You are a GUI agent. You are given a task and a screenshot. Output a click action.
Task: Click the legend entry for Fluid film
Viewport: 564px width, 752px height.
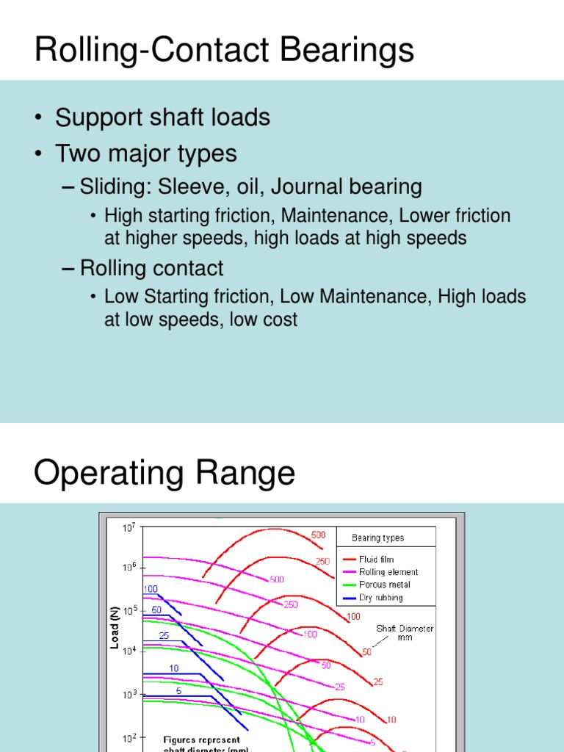(x=376, y=560)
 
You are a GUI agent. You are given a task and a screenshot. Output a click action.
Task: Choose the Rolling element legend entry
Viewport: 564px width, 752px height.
(x=388, y=572)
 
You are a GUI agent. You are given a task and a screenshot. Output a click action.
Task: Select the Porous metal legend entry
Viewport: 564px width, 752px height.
(x=385, y=585)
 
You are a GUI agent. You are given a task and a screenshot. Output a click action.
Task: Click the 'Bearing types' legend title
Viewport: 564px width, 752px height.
(x=377, y=538)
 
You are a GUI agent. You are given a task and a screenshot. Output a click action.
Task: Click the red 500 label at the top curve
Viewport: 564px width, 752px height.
(x=318, y=535)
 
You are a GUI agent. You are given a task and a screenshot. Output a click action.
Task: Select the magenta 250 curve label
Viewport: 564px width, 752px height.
(x=291, y=604)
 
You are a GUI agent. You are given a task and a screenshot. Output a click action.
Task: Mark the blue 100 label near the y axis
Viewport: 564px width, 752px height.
(x=151, y=589)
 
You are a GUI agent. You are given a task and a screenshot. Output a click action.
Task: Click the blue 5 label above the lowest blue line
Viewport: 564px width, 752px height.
(x=178, y=690)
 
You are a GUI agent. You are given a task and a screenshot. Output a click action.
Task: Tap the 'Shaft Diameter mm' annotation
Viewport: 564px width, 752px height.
(x=405, y=633)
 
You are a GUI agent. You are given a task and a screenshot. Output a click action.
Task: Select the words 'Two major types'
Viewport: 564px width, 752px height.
(x=146, y=153)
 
